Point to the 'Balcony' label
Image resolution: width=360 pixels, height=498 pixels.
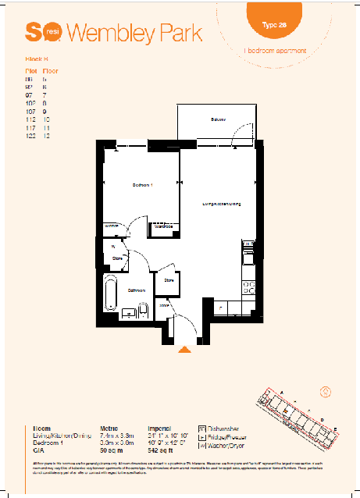217,119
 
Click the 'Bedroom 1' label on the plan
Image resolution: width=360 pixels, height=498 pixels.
141,184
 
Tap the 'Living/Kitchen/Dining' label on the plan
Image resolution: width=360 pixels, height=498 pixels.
221,205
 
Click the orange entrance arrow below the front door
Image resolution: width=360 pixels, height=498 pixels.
184,350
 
